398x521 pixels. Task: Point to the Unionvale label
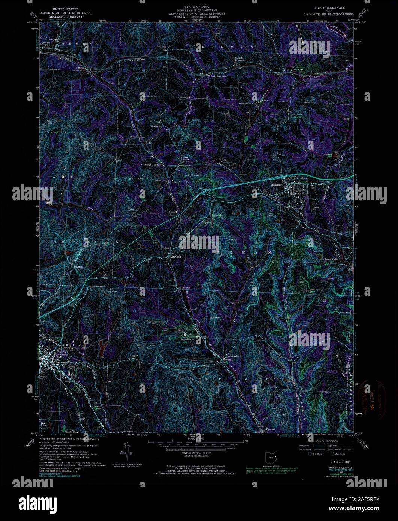(x=233, y=356)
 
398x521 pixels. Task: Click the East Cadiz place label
(x=175, y=257)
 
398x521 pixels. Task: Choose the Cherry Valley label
(x=332, y=259)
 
